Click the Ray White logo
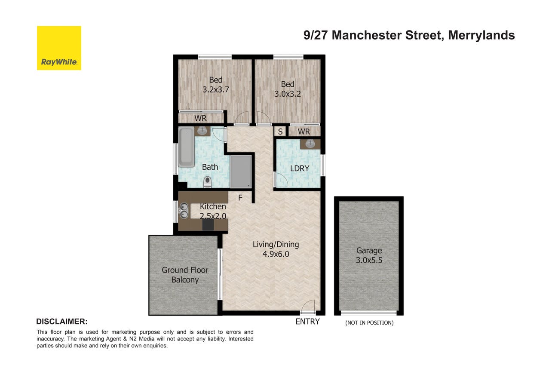click(59, 48)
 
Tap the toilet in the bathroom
click(208, 182)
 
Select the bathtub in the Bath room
click(186, 147)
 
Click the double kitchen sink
click(184, 211)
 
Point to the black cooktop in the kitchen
click(208, 225)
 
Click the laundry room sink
click(310, 144)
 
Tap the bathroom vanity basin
click(202, 131)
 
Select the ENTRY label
click(307, 322)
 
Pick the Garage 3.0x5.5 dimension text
click(369, 260)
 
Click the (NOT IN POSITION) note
click(369, 323)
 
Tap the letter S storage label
click(280, 132)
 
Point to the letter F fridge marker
click(240, 198)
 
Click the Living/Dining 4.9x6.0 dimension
click(276, 254)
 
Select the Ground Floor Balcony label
click(185, 275)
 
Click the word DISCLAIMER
click(62, 322)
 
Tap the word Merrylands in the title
click(481, 35)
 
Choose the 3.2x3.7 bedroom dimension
click(216, 89)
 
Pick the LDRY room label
click(300, 169)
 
